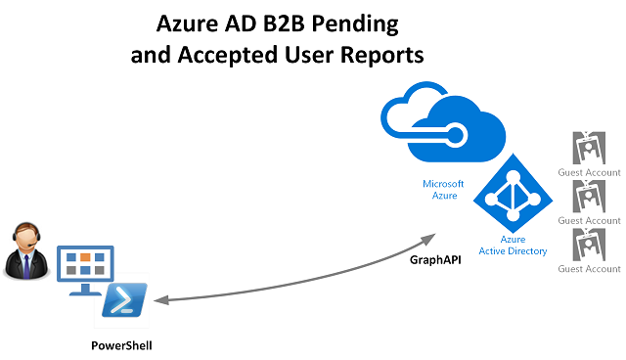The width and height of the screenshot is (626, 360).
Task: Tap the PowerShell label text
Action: click(121, 345)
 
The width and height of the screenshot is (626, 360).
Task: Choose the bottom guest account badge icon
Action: click(591, 244)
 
